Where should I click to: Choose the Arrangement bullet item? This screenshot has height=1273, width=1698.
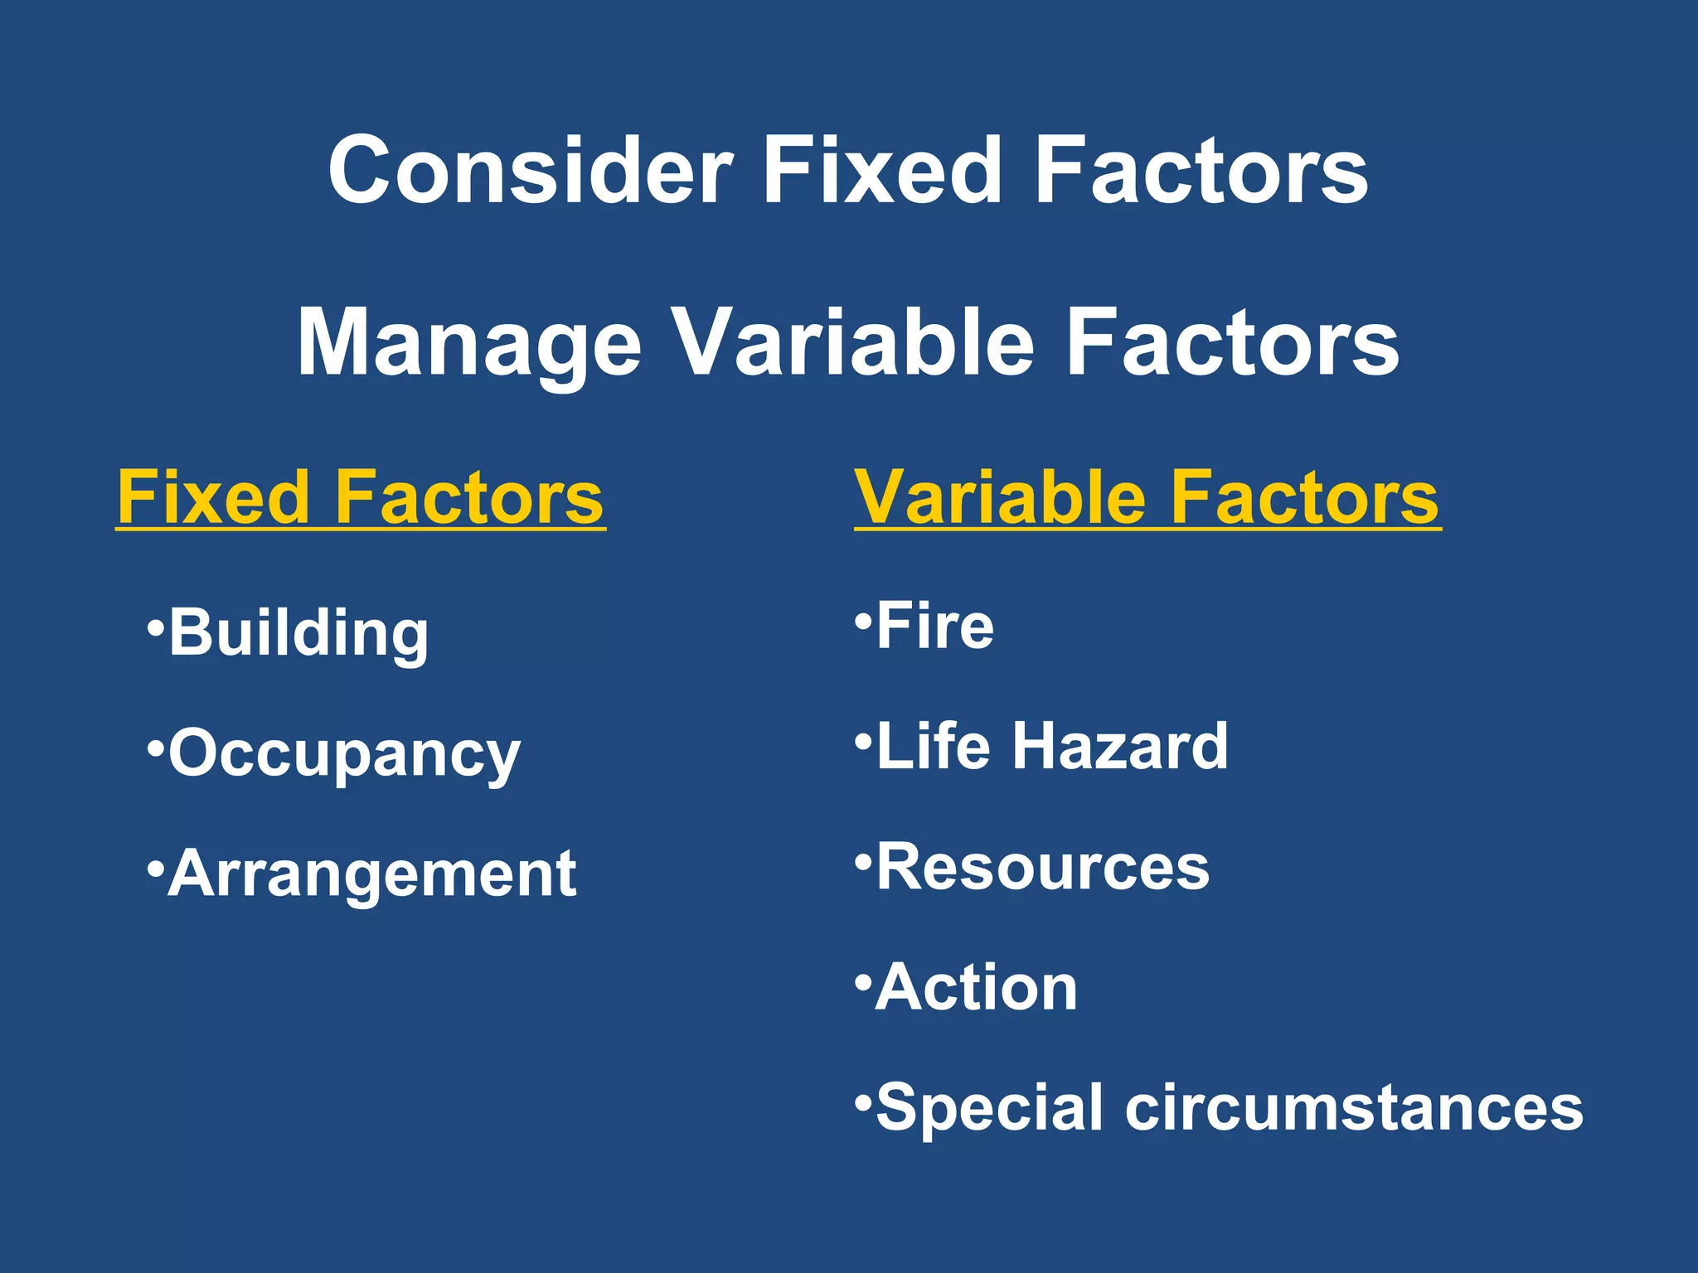pyautogui.click(x=371, y=874)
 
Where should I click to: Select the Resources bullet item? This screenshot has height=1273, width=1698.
pyautogui.click(x=1042, y=867)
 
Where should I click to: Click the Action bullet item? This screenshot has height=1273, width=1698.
pyautogui.click(x=976, y=988)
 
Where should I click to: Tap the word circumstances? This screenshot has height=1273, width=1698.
pyautogui.click(x=1353, y=1108)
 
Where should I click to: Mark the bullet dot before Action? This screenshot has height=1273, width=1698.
pyautogui.click(x=862, y=978)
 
